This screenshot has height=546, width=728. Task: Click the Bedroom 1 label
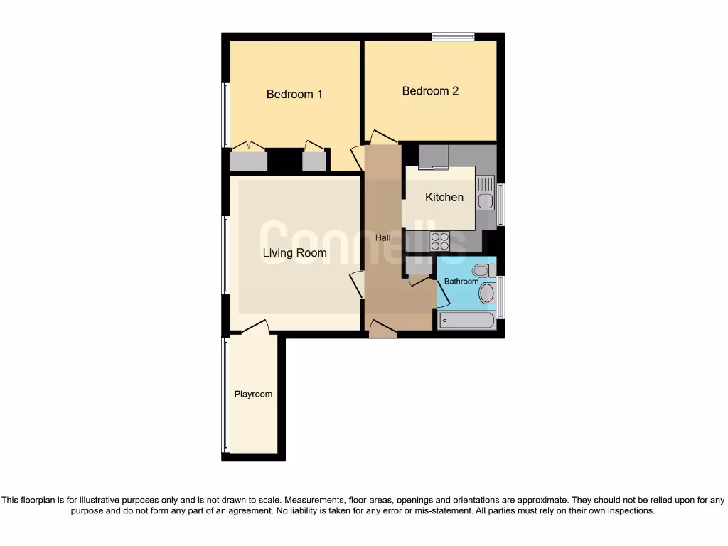pyautogui.click(x=294, y=94)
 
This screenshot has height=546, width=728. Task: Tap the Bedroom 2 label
pyautogui.click(x=430, y=91)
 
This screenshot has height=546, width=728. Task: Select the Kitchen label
pyautogui.click(x=444, y=198)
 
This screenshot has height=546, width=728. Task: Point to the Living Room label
pyautogui.click(x=295, y=253)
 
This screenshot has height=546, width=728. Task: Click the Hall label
pyautogui.click(x=383, y=237)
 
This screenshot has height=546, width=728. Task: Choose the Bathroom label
pyautogui.click(x=461, y=282)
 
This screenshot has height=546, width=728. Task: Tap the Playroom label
pyautogui.click(x=253, y=394)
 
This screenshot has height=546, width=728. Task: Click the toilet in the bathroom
pyautogui.click(x=483, y=270)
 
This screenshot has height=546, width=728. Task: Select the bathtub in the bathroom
pyautogui.click(x=466, y=320)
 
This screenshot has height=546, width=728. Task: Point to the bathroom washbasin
pyautogui.click(x=487, y=293)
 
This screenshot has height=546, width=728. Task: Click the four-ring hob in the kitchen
pyautogui.click(x=440, y=242)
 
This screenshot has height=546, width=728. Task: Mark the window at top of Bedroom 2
pyautogui.click(x=453, y=36)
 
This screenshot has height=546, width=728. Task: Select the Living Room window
pyautogui.click(x=225, y=255)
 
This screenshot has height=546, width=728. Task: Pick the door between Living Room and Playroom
pyautogui.click(x=255, y=328)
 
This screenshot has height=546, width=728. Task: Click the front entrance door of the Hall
pyautogui.click(x=383, y=329)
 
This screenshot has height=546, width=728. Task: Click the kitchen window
pyautogui.click(x=501, y=205)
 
